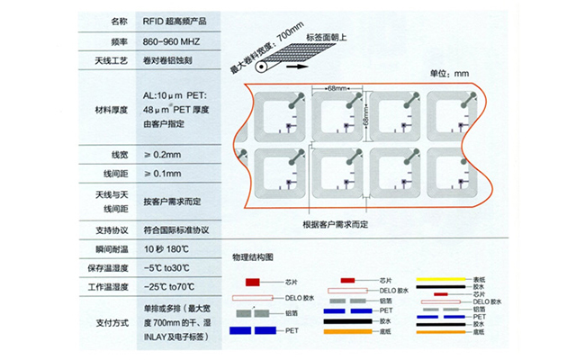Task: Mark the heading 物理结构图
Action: click(x=258, y=257)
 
